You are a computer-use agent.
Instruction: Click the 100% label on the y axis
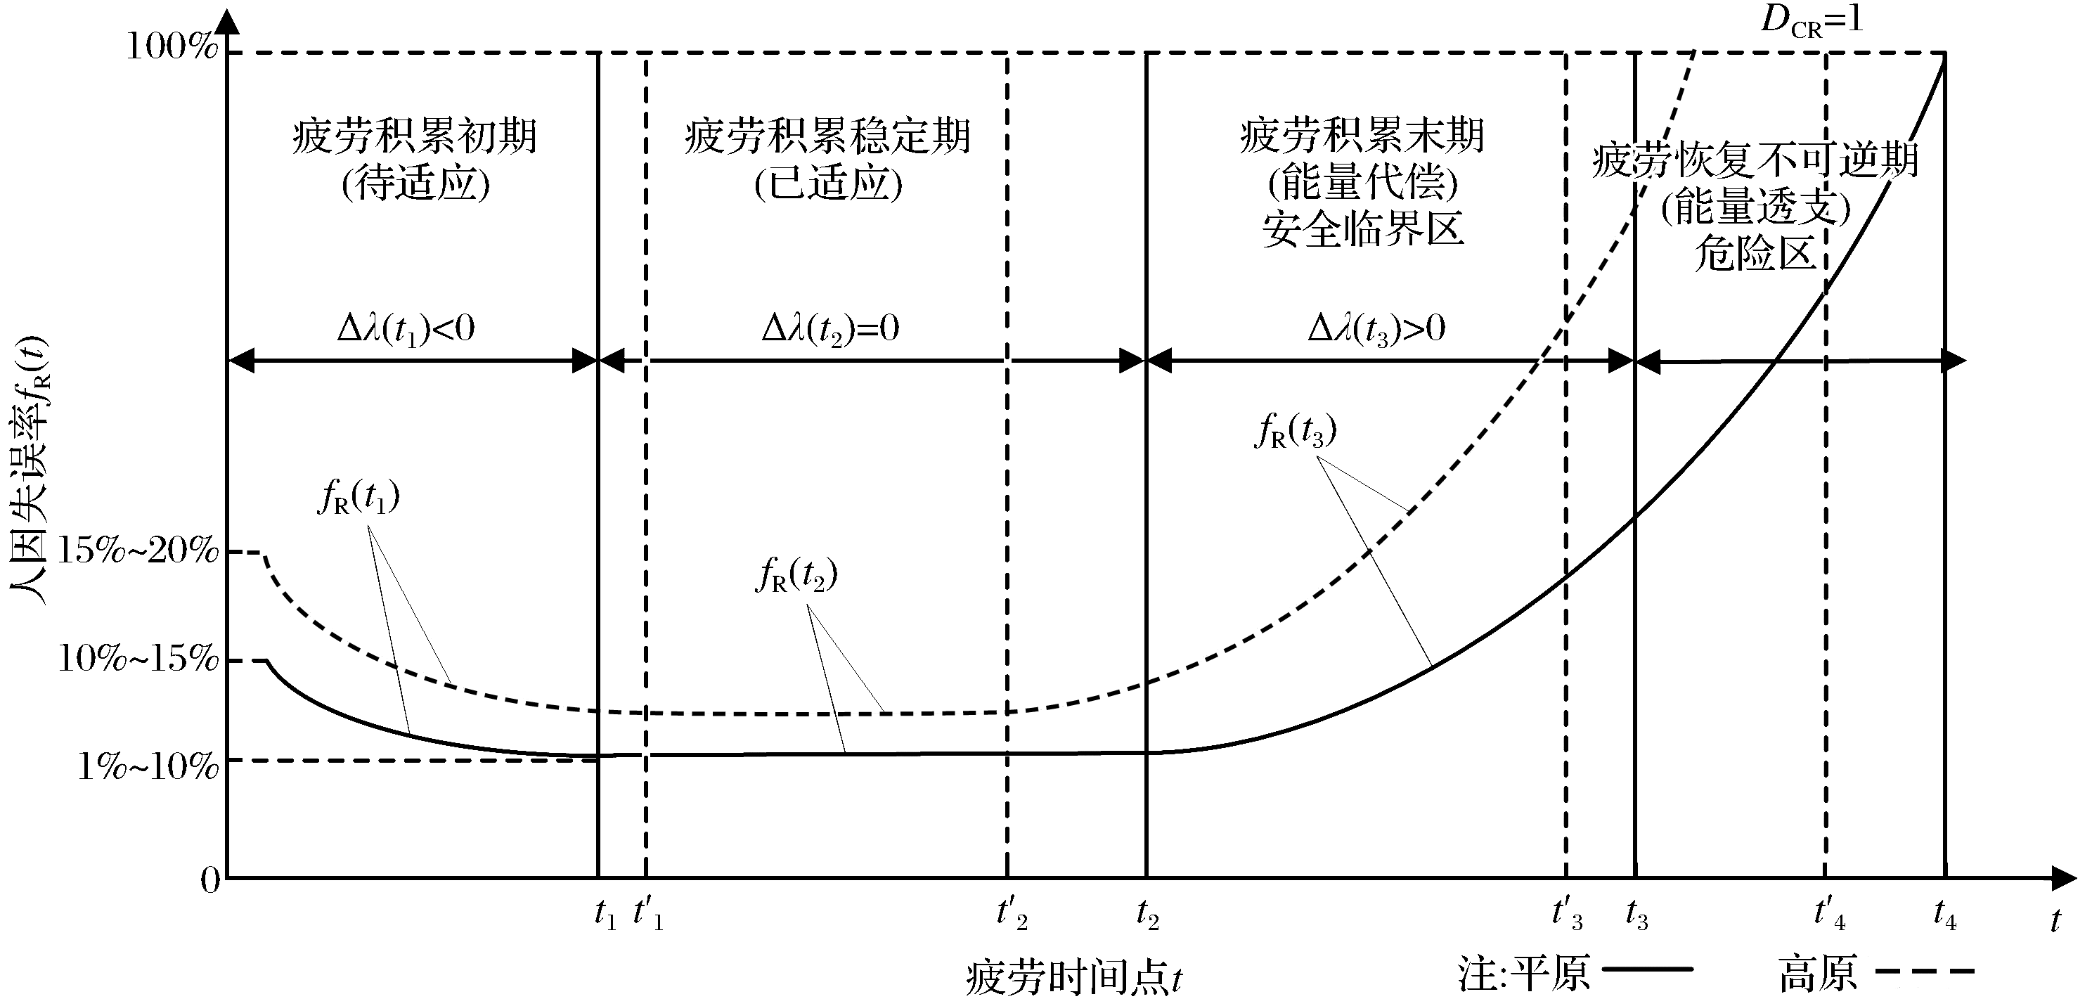(x=172, y=47)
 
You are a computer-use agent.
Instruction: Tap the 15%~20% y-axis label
(x=138, y=551)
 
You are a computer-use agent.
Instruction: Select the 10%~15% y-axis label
(x=138, y=659)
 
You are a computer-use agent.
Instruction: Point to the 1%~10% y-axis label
(x=148, y=766)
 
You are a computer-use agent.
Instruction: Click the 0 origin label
(x=210, y=880)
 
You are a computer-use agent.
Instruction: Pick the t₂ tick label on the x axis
(x=1147, y=915)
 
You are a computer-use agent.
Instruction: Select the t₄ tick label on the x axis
(x=1944, y=915)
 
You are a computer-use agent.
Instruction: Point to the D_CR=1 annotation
(x=1812, y=20)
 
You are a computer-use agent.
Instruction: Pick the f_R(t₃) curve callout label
(x=1295, y=431)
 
